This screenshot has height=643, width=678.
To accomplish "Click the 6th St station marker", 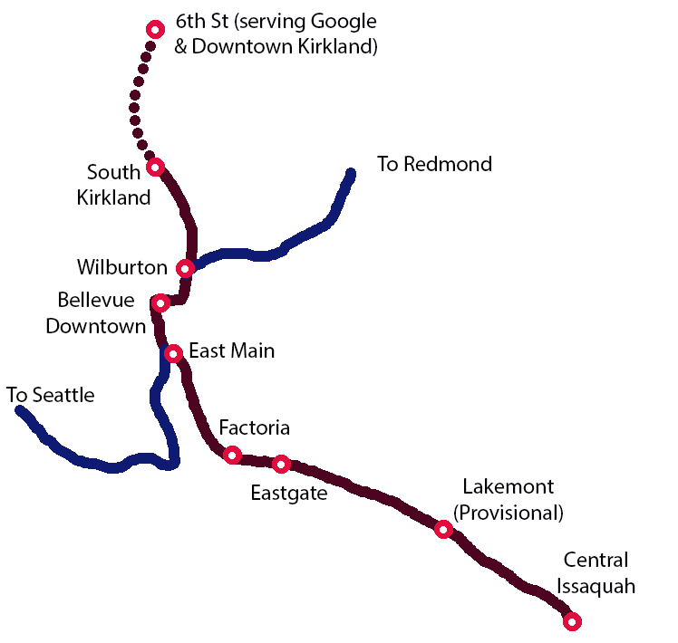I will coord(155,30).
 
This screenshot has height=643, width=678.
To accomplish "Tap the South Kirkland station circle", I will coord(155,167).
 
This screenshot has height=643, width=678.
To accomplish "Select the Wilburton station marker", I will coord(185,268).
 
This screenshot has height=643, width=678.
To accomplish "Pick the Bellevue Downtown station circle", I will coord(160,302).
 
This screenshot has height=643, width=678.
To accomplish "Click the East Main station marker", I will coord(173,352).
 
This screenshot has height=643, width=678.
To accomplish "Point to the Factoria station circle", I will coord(232,455).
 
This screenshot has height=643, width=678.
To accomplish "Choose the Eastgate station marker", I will coord(281,464).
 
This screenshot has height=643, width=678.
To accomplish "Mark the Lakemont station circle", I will coord(443,529).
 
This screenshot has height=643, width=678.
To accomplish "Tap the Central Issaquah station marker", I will coord(572,621).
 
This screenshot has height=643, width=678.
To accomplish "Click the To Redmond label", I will coord(434,164).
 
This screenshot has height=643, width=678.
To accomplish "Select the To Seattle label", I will coord(50,395).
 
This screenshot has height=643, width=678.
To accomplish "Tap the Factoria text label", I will coord(254,427).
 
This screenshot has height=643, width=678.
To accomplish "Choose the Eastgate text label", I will coord(288,494).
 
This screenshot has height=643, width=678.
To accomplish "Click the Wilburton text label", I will coord(122,267).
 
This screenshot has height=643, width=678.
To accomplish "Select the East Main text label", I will coord(231,350).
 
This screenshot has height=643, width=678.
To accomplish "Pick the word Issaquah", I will coord(596,586).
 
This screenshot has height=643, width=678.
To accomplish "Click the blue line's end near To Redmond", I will coord(351,173).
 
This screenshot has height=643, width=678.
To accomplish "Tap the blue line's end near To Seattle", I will coord(20,411).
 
